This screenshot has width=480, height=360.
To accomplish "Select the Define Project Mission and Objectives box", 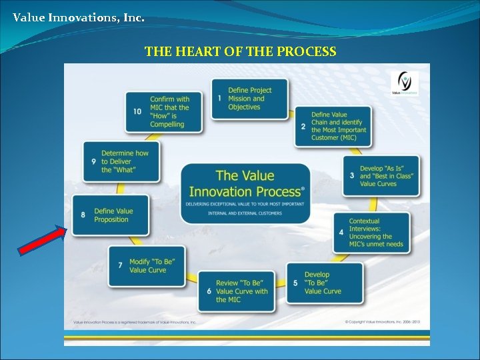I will point(251,99).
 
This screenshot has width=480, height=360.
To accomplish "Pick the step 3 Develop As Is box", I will point(381,176).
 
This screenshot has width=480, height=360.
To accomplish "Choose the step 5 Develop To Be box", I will point(325,283).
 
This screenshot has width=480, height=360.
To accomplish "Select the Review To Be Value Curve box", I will point(236,291).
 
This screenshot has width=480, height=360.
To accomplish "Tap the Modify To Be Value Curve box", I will point(147,266).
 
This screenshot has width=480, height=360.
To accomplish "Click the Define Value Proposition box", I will point(111,215).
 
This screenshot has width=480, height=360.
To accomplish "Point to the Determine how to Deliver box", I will point(121,161).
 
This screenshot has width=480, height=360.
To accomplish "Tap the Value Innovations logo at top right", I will point(405,84).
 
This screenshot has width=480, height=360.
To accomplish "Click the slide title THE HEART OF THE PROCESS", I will point(240,51).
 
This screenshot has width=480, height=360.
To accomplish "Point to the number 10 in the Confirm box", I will point(137,111).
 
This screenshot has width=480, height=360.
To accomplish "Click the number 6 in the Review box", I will point(209,291).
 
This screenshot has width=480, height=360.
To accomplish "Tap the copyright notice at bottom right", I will point(383,322).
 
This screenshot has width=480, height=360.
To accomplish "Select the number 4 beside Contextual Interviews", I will point(341,233).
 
